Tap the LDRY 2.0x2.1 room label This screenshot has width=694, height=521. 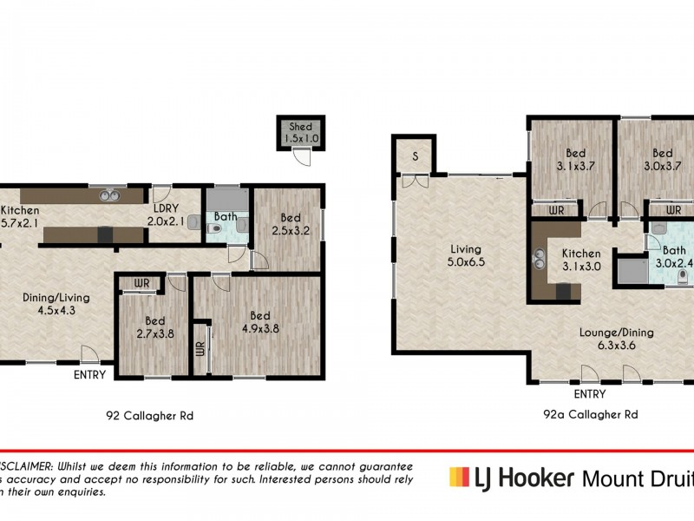coord(166,215)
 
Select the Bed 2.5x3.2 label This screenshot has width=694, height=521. coord(291,224)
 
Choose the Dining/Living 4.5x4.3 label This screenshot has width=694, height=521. coord(56,304)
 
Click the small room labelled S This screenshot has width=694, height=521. coord(415,157)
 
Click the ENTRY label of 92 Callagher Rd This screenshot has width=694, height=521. coord(90,375)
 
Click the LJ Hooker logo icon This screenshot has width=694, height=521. coord(458,477)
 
